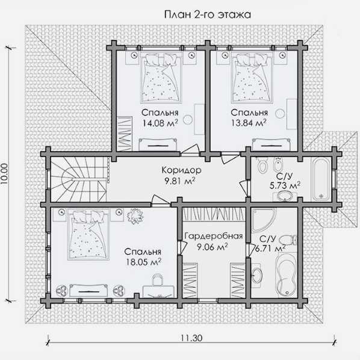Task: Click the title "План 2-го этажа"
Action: [207, 14]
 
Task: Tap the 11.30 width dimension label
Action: [191, 338]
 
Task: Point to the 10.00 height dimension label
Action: [5, 174]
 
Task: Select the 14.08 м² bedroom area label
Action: [160, 123]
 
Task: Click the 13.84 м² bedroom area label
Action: [249, 123]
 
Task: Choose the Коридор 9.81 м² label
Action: [181, 176]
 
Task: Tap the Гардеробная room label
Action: [214, 236]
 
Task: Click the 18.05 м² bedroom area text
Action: [143, 262]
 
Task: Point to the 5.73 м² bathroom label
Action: [285, 185]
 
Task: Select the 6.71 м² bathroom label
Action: [270, 249]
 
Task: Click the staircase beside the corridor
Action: [78, 179]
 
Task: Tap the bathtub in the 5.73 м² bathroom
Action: [321, 179]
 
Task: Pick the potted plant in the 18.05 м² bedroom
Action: [135, 216]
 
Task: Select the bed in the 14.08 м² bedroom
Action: [161, 78]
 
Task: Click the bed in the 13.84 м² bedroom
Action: [252, 78]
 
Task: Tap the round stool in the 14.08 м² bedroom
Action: [188, 119]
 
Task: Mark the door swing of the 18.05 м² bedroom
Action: [161, 199]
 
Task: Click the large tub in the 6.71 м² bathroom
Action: [287, 275]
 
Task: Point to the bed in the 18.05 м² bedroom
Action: [88, 236]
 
